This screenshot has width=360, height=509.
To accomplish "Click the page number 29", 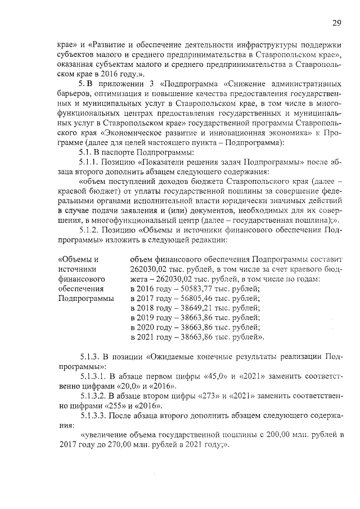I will point(336,23).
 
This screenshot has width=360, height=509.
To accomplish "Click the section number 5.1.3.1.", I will point(95,376).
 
